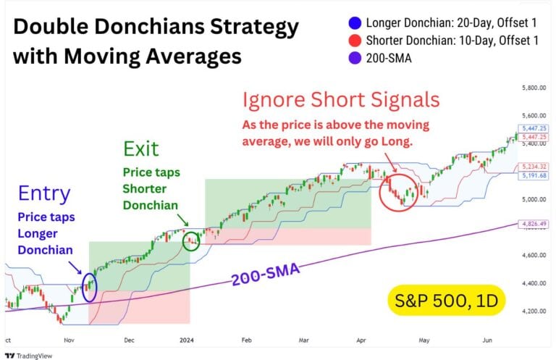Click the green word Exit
coord(141,150)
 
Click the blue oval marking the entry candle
coord(90,286)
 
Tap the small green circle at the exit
coord(191,240)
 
